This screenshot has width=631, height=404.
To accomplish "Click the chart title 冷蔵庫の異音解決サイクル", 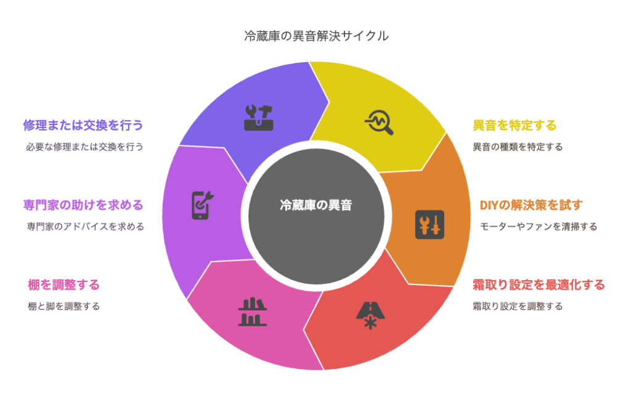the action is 316,36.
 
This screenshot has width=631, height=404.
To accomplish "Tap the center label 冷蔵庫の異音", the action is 316,205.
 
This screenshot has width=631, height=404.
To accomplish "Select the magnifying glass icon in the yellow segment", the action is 379,123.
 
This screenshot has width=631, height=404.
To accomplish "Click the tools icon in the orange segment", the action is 429,225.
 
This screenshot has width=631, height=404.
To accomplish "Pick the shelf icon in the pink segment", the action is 252,312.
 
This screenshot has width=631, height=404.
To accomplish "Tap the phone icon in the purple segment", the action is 202,205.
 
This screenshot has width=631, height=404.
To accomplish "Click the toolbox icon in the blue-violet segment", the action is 258,118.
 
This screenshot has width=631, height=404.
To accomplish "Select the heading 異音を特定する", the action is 515,126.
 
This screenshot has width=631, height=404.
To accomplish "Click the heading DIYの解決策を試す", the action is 531,205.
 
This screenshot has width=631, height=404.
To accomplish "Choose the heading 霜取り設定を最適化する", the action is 539,285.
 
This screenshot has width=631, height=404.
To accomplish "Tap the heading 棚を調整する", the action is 63,285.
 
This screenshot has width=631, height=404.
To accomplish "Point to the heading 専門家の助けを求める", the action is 83,205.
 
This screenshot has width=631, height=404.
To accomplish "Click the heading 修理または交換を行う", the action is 83,126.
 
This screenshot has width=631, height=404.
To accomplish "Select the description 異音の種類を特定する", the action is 518,147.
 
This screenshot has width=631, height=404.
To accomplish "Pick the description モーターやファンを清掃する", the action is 539,227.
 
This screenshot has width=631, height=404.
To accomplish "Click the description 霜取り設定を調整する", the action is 518,306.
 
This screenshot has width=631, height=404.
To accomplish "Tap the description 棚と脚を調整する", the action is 63,306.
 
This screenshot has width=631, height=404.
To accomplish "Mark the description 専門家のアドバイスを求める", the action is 85,227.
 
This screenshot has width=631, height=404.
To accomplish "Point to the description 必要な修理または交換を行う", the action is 84,147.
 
